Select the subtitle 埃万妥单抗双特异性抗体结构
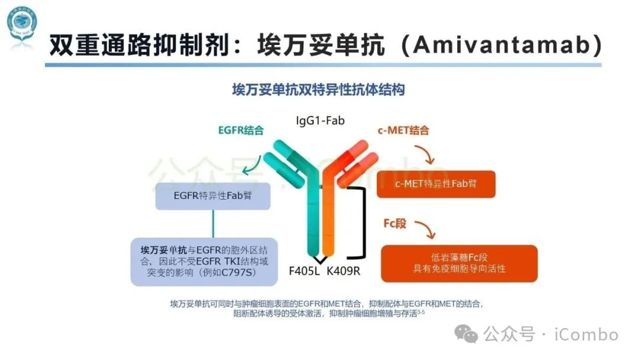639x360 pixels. coord(318,90)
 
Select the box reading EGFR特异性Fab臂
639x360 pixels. coord(212,196)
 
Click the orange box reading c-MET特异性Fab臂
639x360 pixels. coord(435,184)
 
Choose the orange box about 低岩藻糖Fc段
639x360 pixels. coord(459,263)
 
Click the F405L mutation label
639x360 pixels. coord(304,272)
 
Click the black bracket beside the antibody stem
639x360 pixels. coord(357,223)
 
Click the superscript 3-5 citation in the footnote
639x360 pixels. coord(421,312)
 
